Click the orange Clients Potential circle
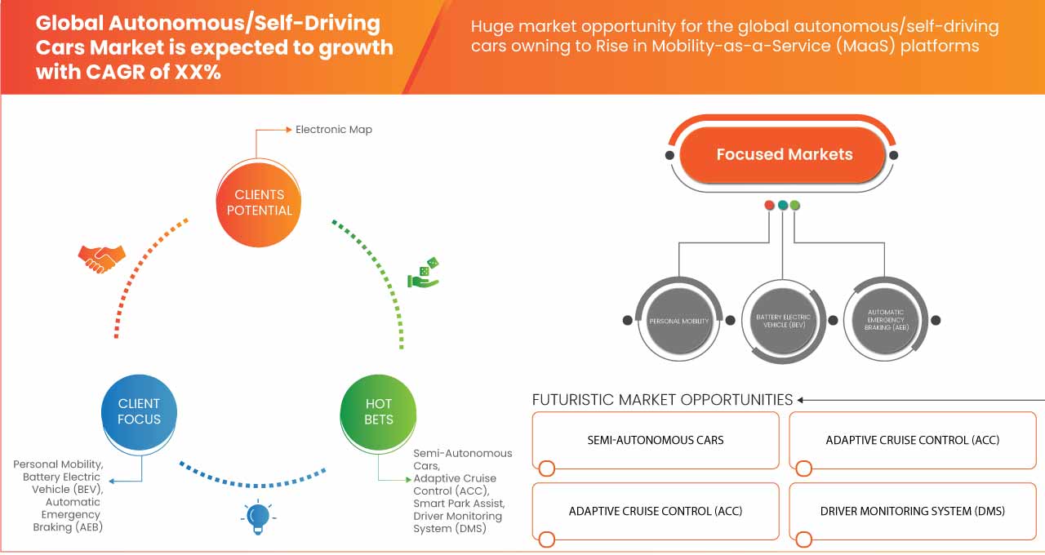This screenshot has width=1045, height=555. (259, 202)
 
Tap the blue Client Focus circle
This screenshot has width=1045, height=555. (139, 411)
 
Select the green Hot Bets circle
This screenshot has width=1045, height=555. (378, 411)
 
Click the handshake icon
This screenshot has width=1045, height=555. (101, 257)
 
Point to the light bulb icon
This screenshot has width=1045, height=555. (258, 516)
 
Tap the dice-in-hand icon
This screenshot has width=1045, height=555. (425, 273)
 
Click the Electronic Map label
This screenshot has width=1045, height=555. (333, 129)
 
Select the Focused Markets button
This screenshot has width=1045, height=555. (783, 154)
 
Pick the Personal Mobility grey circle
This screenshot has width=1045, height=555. (678, 321)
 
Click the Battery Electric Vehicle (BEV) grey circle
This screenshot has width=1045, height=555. (782, 320)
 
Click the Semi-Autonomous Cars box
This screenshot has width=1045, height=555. (656, 440)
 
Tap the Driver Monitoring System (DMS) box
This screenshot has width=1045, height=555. (912, 511)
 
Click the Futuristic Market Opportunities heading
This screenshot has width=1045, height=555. (662, 399)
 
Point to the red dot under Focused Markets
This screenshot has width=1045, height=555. (769, 205)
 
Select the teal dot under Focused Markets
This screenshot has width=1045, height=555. (782, 205)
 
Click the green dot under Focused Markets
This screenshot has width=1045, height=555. (795, 205)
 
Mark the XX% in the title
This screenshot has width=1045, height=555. (196, 72)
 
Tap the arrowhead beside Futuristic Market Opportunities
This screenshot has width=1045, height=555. (802, 400)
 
